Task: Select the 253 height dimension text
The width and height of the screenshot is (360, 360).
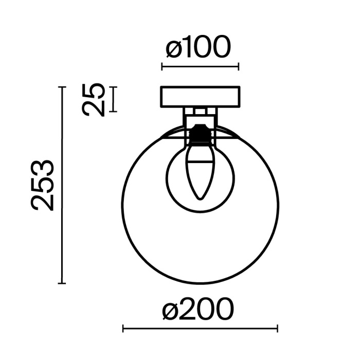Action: tap(43, 185)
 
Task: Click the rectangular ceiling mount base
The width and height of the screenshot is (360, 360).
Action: tap(200, 97)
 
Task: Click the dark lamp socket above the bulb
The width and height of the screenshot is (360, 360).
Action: tap(200, 135)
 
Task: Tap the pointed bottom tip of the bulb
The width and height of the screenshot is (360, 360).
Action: tap(200, 199)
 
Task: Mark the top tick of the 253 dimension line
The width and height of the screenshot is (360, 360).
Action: tap(62, 87)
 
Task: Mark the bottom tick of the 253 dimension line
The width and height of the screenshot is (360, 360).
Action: tap(62, 283)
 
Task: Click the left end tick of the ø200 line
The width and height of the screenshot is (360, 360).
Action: tap(123, 328)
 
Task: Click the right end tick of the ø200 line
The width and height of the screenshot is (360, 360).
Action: tap(278, 328)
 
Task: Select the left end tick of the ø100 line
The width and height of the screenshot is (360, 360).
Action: tap(162, 66)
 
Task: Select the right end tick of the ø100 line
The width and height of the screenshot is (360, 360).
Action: tap(239, 66)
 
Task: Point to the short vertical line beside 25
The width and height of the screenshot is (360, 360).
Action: tap(114, 99)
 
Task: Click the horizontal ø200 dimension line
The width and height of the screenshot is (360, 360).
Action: tap(200, 328)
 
